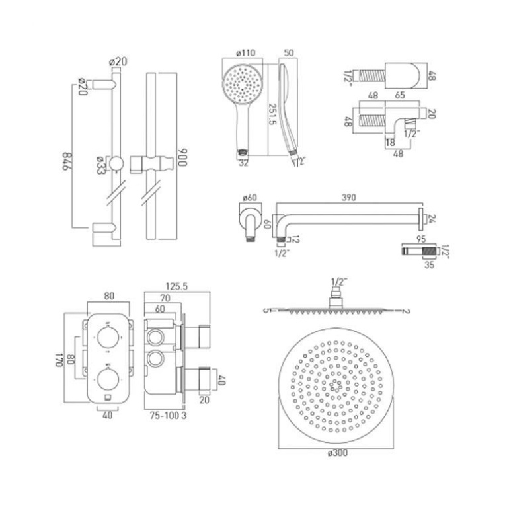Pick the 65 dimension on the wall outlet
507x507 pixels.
pos(399,95)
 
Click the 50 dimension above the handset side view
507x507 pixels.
pos(289,53)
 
